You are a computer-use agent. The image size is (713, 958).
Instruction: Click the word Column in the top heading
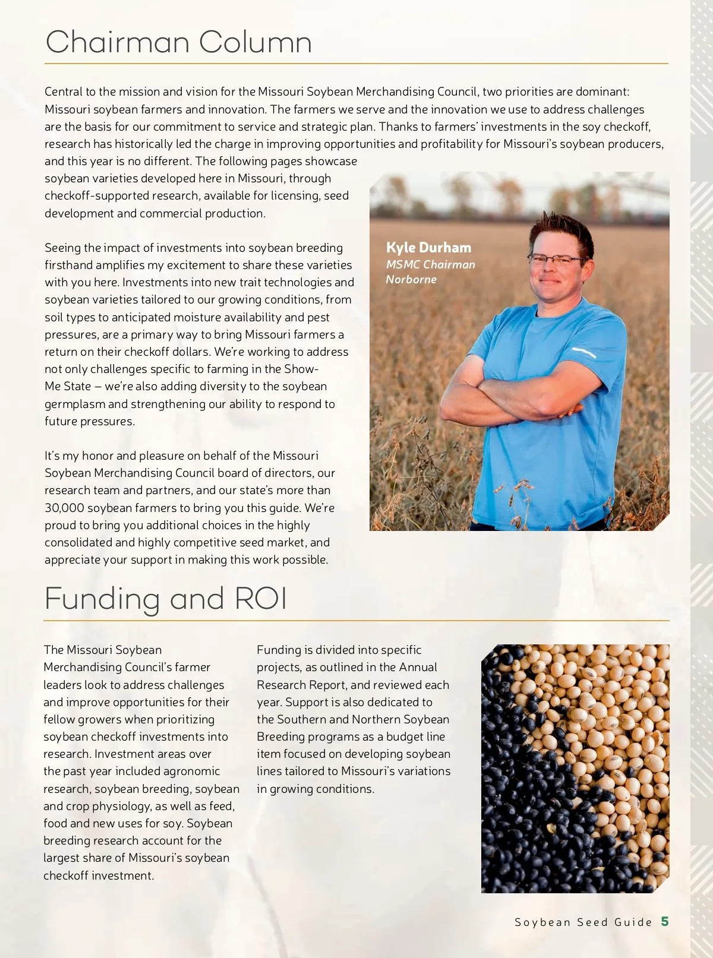255,43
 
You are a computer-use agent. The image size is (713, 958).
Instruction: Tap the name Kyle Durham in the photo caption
428,248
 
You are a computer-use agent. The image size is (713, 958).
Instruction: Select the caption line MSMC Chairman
430,264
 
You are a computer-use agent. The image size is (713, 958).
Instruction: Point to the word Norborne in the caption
411,279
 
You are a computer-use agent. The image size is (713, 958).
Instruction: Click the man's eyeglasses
557,258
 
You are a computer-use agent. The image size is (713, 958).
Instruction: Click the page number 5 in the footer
665,921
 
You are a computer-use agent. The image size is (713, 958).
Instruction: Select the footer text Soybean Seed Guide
583,922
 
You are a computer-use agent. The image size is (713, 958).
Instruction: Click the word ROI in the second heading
261,598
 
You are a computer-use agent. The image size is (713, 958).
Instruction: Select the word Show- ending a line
301,369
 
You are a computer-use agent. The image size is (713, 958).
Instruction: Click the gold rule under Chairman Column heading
356,63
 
